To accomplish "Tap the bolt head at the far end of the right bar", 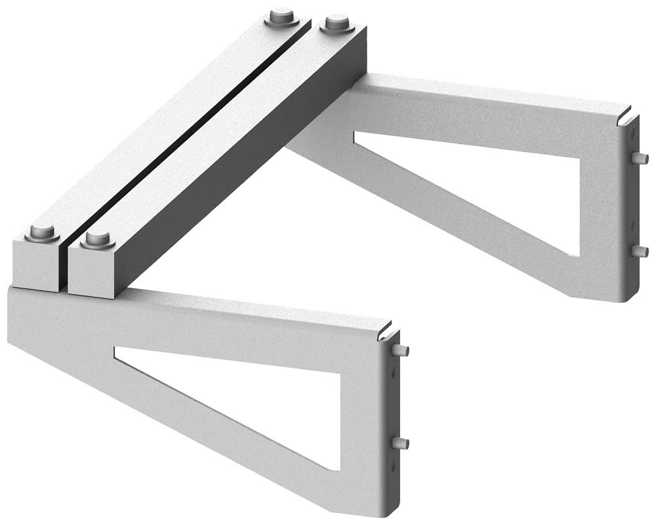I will (336, 26).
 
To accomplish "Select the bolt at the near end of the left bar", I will (43, 233).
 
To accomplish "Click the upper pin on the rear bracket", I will (642, 157).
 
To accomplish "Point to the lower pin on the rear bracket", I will (642, 250).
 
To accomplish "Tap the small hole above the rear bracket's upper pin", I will (634, 134).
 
